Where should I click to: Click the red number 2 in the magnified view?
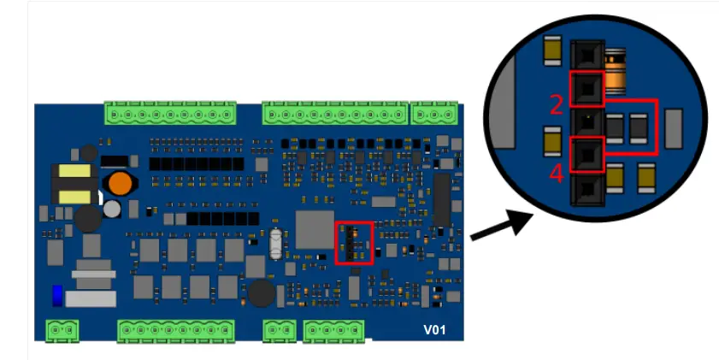coord(557,104)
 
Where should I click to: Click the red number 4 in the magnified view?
coord(557,174)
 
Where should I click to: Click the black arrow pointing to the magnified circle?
coord(500,227)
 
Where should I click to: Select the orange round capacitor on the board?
coord(120,184)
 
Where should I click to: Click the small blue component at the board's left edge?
coord(57,294)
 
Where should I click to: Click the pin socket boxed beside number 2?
coord(586,88)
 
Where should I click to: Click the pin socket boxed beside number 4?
coord(586,154)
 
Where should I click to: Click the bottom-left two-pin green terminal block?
coord(62,329)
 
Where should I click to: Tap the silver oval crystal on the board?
coord(274,243)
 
